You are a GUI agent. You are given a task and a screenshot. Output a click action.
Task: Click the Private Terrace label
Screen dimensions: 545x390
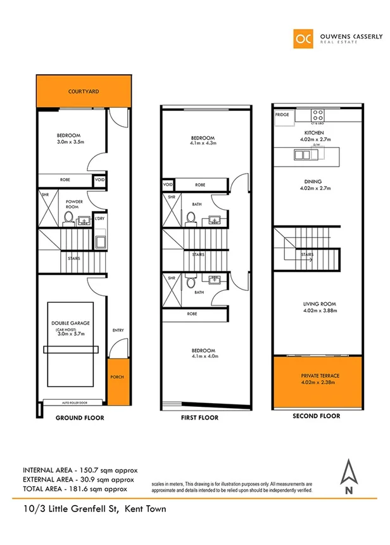pyautogui.click(x=320, y=376)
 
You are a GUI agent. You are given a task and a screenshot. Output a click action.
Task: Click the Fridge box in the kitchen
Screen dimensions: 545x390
pyautogui.click(x=282, y=115)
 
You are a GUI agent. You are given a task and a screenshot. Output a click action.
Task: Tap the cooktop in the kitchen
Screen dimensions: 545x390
pyautogui.click(x=318, y=116)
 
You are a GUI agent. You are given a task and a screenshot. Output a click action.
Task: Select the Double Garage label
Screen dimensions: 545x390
pyautogui.click(x=70, y=323)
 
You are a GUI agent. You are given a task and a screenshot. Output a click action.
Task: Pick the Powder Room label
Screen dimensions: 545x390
pyautogui.click(x=75, y=204)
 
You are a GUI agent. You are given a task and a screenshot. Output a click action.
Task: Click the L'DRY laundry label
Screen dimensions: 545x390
pyautogui.click(x=99, y=219)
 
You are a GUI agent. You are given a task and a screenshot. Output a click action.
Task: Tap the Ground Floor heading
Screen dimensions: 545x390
pyautogui.click(x=80, y=418)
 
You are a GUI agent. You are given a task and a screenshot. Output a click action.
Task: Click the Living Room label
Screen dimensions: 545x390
pyautogui.click(x=318, y=305)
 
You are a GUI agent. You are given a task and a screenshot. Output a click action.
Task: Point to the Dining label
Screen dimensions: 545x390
pyautogui.click(x=317, y=181)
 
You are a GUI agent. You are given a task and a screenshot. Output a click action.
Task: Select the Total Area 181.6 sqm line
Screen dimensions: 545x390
pyautogui.click(x=75, y=489)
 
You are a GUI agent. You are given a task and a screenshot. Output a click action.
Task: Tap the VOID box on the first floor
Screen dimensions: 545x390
pyautogui.click(x=168, y=185)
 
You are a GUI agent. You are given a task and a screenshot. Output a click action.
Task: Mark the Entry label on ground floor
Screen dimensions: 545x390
pyautogui.click(x=118, y=330)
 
